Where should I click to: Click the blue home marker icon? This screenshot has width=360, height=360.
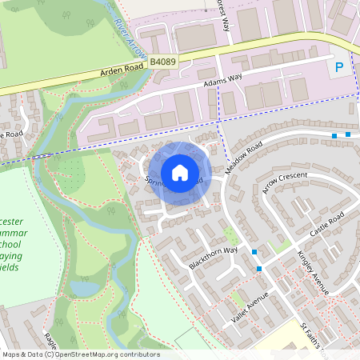[180, 172]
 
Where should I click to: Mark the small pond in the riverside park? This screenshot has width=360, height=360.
[85, 287]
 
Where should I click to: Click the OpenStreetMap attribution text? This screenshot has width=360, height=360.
[80, 354]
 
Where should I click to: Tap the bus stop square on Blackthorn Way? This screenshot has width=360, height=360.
[254, 252]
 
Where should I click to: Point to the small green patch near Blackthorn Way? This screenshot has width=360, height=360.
[231, 236]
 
